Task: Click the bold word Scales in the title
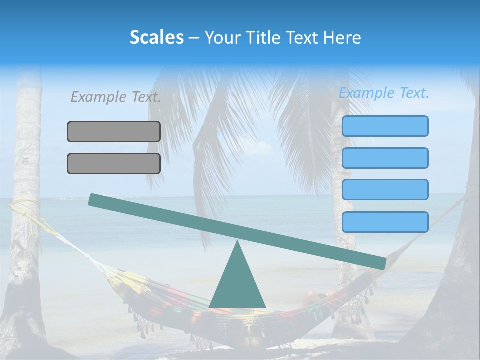pos(156,37)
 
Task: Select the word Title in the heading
pos(263,37)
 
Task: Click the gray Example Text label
pos(116,97)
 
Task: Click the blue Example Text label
pos(384,93)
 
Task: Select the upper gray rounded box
pos(114,131)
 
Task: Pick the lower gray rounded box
pos(114,163)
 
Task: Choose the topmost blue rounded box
pos(385,126)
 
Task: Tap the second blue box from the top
pos(385,158)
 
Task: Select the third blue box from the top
pos(385,189)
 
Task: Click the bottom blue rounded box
pos(385,222)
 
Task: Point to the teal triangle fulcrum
pos(237,285)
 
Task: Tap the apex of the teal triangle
pos(237,242)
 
